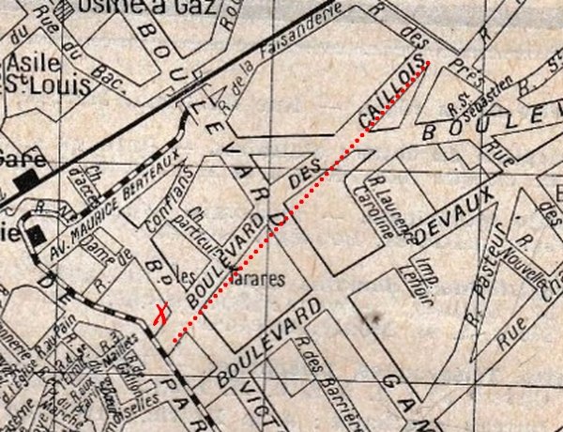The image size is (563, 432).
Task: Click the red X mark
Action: [161, 314]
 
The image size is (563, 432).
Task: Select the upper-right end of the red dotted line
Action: [429, 63]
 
